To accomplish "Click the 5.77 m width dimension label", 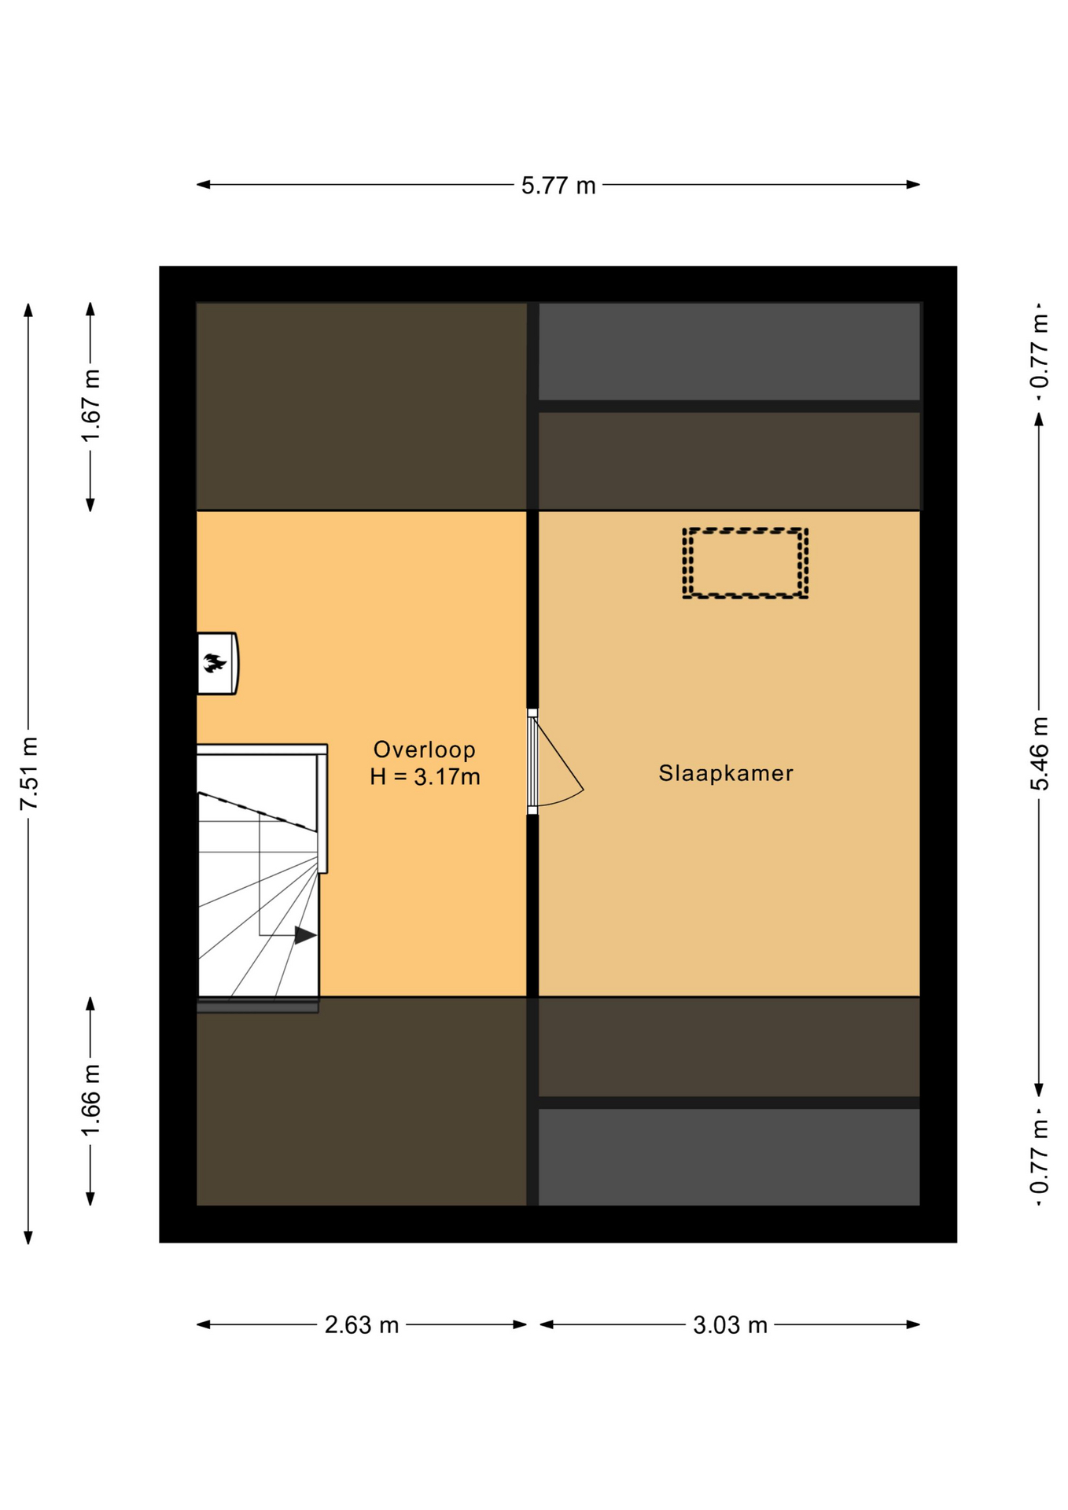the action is [558, 186].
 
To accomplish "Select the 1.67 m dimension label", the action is [91, 406].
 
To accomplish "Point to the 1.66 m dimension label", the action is [91, 1099].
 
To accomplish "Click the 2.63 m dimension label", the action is [362, 1325].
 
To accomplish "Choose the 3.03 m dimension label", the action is [730, 1325].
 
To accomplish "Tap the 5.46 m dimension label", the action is [1040, 753].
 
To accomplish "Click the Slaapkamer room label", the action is [726, 773].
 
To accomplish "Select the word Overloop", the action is [424, 749].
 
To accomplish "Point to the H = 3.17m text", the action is [425, 777].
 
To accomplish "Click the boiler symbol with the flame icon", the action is [217, 663].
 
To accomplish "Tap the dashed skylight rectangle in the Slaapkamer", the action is [745, 563].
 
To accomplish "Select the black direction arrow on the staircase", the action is [305, 935].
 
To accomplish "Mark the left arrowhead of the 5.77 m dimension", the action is [203, 185].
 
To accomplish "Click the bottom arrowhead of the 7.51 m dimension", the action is [28, 1237].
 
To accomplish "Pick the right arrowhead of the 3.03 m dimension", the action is [913, 1324].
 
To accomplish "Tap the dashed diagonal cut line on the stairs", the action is [257, 812].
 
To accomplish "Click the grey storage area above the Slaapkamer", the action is [729, 352].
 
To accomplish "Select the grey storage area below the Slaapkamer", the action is [729, 1156].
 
